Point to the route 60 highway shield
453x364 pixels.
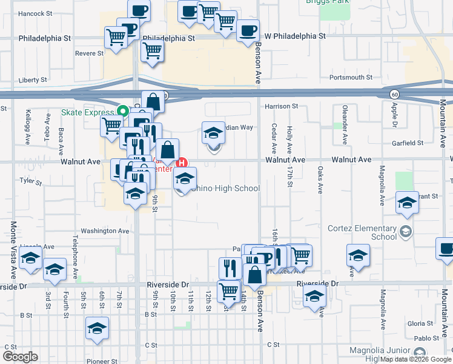(394, 94)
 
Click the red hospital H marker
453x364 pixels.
(180, 163)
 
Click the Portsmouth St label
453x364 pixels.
(351, 78)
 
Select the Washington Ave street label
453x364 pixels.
(105, 231)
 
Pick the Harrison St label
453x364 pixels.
(282, 106)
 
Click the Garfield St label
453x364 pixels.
(407, 143)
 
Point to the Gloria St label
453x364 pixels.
(420, 324)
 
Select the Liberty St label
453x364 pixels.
(33, 80)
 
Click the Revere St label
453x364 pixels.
(90, 53)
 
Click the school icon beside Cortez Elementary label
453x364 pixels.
(405, 231)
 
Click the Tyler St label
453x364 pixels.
(27, 181)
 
